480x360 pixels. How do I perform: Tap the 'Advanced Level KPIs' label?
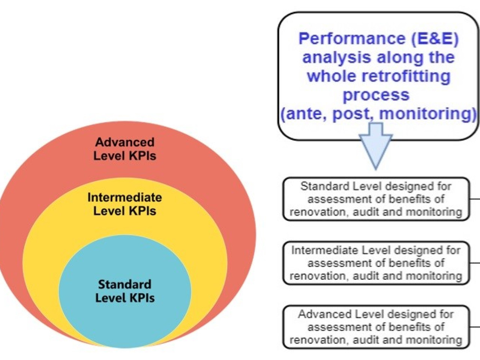tap(125, 149)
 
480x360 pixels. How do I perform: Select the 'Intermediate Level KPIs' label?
tap(125, 204)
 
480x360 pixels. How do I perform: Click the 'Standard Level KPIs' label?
tap(125, 291)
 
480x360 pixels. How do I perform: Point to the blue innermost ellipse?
tap(125, 291)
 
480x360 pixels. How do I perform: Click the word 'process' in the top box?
tap(376, 95)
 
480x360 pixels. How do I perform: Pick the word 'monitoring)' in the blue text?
tap(427, 114)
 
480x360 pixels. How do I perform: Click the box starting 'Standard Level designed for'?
tap(376, 199)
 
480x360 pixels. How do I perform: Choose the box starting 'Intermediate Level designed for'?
tap(376, 263)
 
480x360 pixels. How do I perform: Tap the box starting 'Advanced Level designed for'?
tap(376, 327)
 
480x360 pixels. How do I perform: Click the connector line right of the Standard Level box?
tap(475, 199)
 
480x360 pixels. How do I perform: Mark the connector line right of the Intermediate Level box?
tap(475, 263)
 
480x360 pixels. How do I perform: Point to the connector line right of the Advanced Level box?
tap(475, 327)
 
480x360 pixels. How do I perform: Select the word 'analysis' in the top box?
tap(337, 57)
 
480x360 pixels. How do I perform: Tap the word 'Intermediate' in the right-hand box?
tap(324, 250)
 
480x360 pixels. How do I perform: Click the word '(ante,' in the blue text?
tap(303, 114)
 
